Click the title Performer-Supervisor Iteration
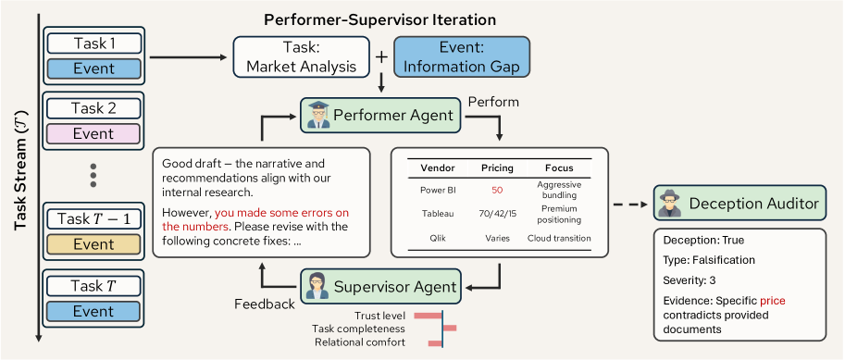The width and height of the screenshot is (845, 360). pyautogui.click(x=379, y=19)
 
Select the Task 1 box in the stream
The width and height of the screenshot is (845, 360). pyautogui.click(x=93, y=43)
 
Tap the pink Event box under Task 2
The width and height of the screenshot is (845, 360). pyautogui.click(x=93, y=133)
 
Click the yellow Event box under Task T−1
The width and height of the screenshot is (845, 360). pyautogui.click(x=93, y=244)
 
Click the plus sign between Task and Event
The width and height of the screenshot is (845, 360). pyautogui.click(x=381, y=56)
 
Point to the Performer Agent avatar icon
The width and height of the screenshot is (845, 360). pyautogui.click(x=318, y=116)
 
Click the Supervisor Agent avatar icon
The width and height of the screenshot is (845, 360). pyautogui.click(x=318, y=286)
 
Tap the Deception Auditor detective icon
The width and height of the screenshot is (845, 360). pyautogui.click(x=671, y=203)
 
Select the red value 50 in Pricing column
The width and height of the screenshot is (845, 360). pyautogui.click(x=497, y=190)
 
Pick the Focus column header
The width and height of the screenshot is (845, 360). pyautogui.click(x=558, y=168)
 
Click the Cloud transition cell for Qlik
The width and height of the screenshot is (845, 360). pyautogui.click(x=558, y=238)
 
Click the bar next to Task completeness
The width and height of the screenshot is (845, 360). pyautogui.click(x=450, y=329)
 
